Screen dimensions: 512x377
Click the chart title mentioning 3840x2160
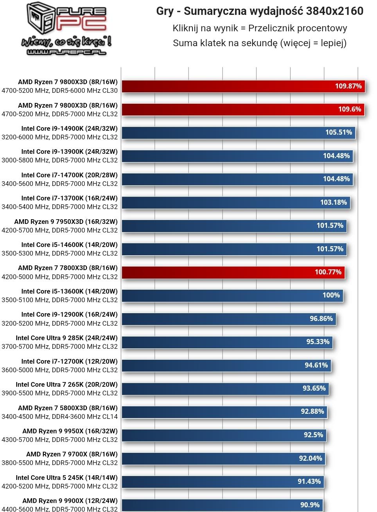[260, 11]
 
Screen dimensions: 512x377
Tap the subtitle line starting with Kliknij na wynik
[260, 28]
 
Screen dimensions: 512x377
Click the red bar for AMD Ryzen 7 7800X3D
[233, 272]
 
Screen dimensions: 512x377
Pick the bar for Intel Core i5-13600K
[232, 296]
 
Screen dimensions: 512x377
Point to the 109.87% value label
[348, 86]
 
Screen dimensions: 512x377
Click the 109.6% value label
[350, 109]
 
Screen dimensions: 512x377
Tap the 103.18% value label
[334, 202]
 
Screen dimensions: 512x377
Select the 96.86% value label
[321, 319]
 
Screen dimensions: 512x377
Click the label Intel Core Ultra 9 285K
[66, 338]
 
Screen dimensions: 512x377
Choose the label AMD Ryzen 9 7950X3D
[66, 222]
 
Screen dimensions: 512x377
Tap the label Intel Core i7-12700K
[69, 361]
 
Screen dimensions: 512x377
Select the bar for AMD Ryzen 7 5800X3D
[224, 412]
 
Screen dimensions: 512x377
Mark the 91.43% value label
[309, 481]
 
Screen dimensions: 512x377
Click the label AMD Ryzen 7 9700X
[72, 454]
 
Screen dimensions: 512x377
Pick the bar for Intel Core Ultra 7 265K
[225, 389]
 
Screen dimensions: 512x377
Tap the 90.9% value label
[310, 505]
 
